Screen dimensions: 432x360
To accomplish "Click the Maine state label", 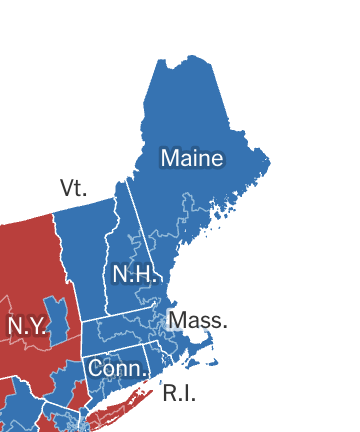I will pos(192,158).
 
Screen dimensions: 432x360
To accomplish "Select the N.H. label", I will pos(133,274).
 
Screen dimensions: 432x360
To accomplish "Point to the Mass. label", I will pos(199,321).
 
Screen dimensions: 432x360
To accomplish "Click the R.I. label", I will pos(179,393).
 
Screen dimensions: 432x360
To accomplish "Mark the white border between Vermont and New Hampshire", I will pos(111,250).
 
